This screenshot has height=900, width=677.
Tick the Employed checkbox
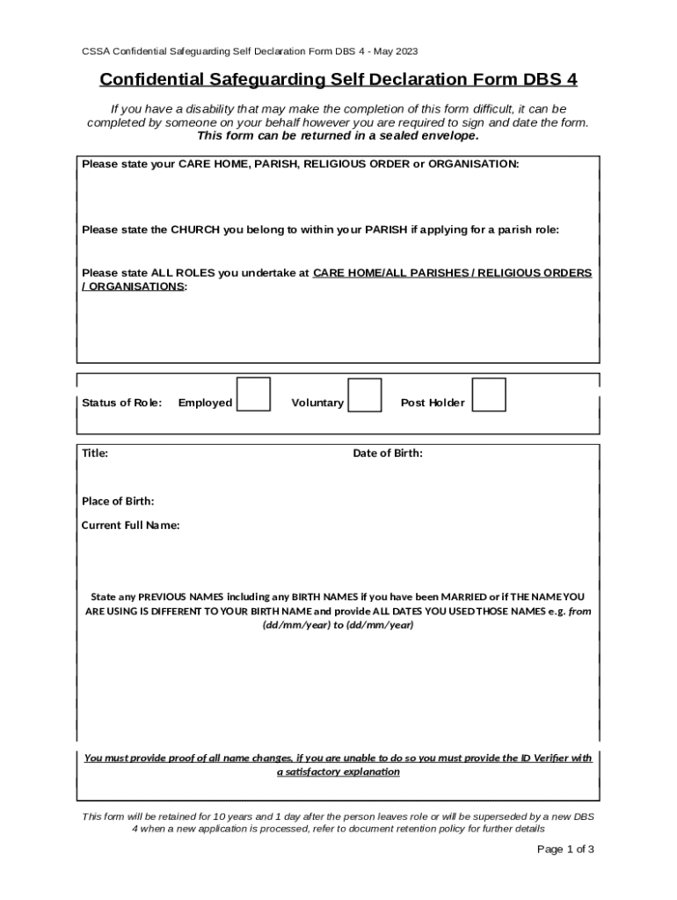point(254,395)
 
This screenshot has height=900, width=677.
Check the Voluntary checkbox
point(365,395)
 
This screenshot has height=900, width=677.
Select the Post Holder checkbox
point(489,395)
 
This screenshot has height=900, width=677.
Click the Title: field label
point(95,454)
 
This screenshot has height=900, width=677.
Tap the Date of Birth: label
point(388,454)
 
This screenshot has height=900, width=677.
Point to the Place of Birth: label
point(118,501)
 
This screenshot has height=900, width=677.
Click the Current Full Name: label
point(131,526)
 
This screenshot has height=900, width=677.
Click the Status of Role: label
point(121,403)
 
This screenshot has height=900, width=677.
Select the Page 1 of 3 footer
point(565,849)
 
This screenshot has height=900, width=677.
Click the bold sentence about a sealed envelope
point(338,136)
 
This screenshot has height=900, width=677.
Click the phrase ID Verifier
point(530,758)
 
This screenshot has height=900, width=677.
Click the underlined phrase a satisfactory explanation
point(338,772)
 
